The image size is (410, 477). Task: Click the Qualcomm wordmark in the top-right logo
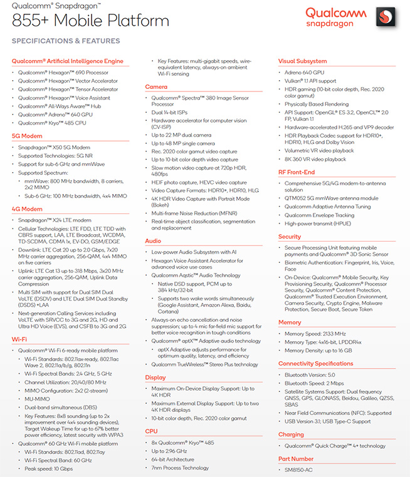(334, 13)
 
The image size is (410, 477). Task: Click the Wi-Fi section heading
(19, 339)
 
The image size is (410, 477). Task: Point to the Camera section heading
(156, 87)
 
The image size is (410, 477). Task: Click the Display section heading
(155, 377)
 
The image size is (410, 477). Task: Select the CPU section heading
(151, 431)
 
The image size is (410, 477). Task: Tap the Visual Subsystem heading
(302, 61)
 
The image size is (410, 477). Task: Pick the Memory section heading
(290, 322)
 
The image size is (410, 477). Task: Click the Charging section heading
(291, 434)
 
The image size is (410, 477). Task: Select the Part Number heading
(296, 459)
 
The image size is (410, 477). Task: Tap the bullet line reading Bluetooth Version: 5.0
(311, 374)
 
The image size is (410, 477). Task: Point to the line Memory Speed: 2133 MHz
(314, 334)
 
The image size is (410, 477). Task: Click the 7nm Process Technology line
(180, 468)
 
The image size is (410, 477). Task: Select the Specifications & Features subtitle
(66, 41)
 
